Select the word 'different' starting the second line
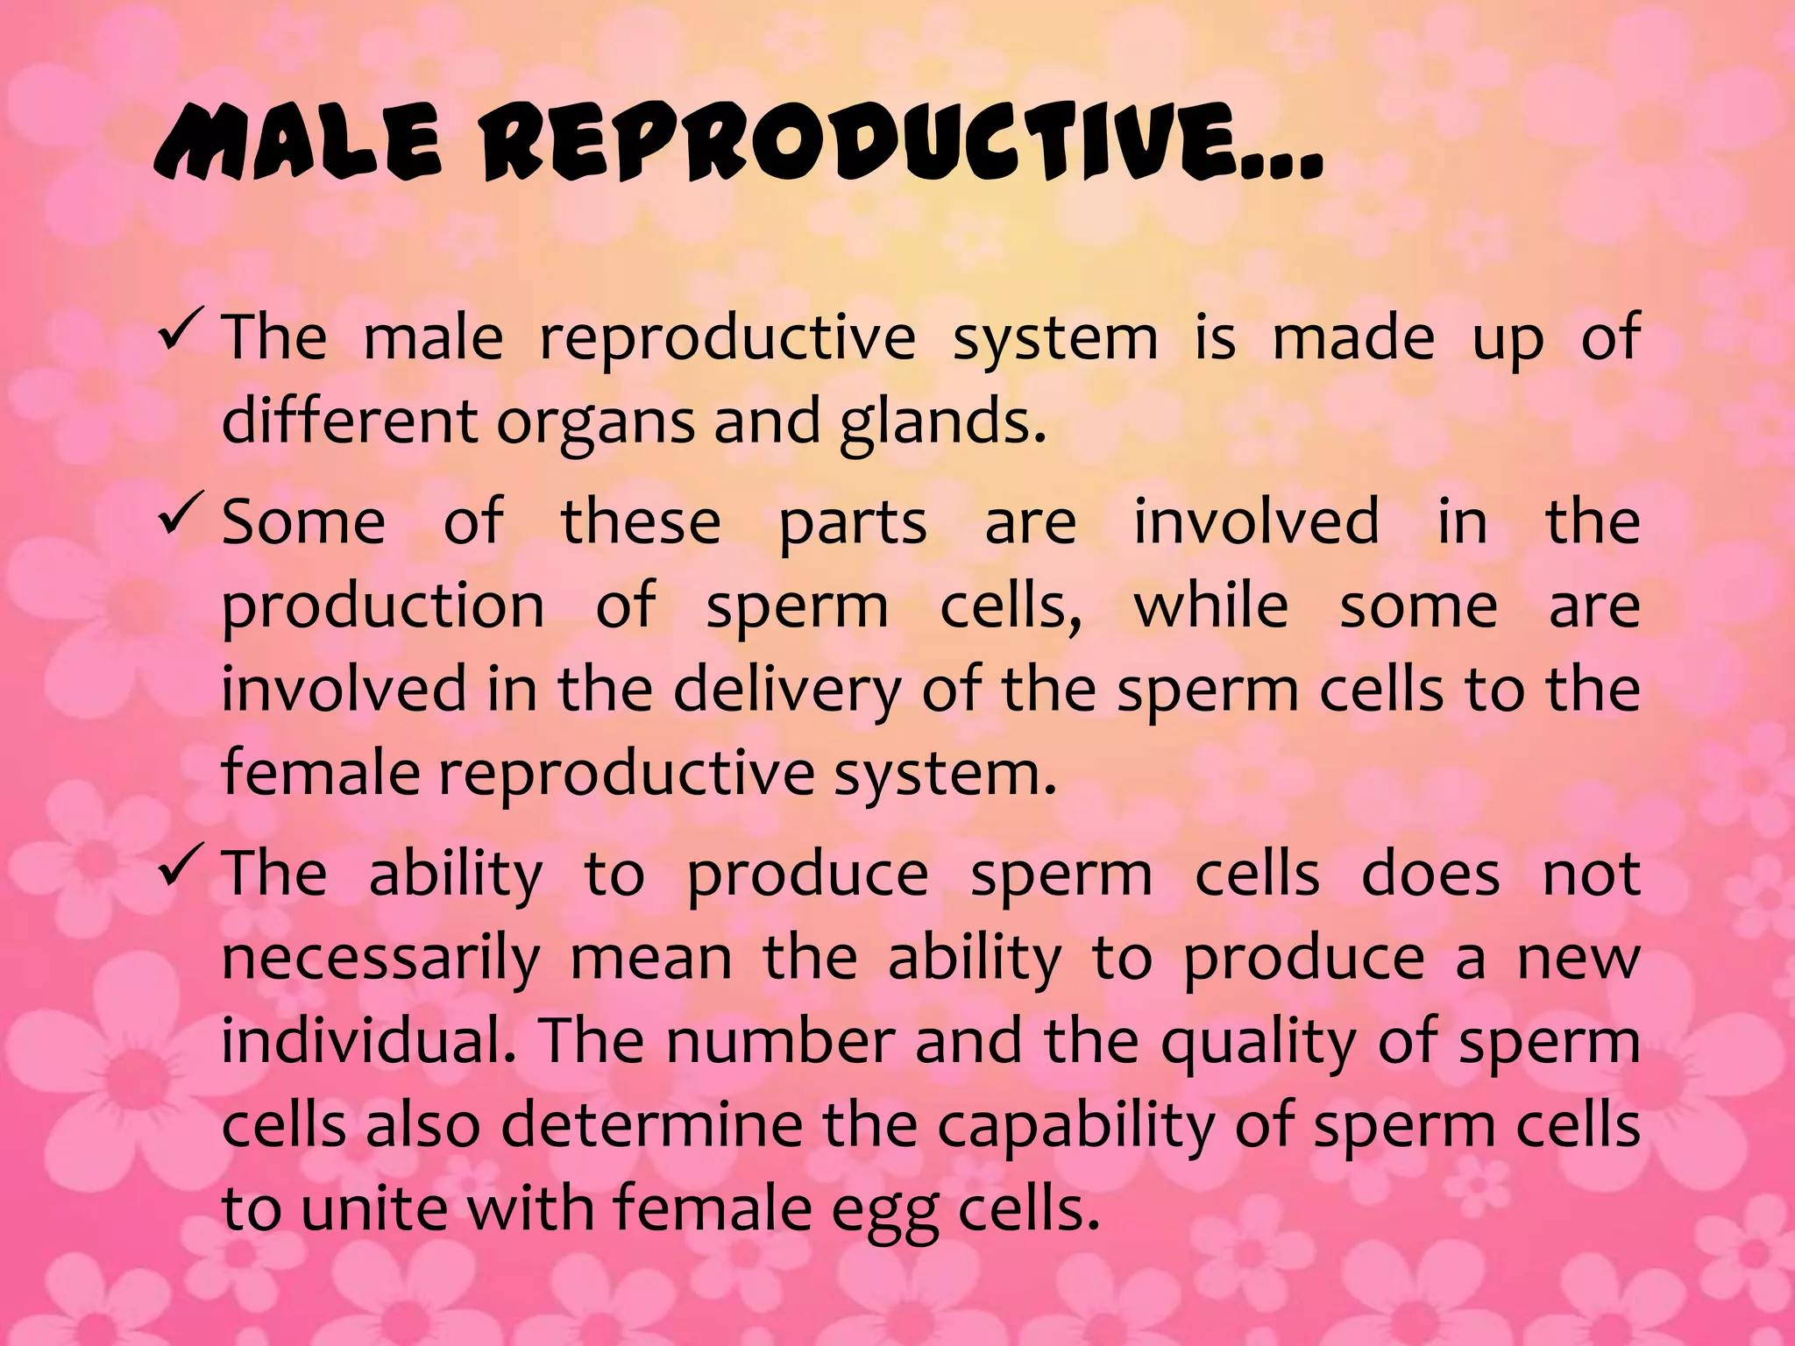pyautogui.click(x=349, y=421)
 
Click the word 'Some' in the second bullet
pyautogui.click(x=302, y=522)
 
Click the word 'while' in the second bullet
pyautogui.click(x=1211, y=606)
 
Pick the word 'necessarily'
pyautogui.click(x=380, y=959)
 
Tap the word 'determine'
pyautogui.click(x=651, y=1125)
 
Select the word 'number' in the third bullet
pyautogui.click(x=780, y=1041)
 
